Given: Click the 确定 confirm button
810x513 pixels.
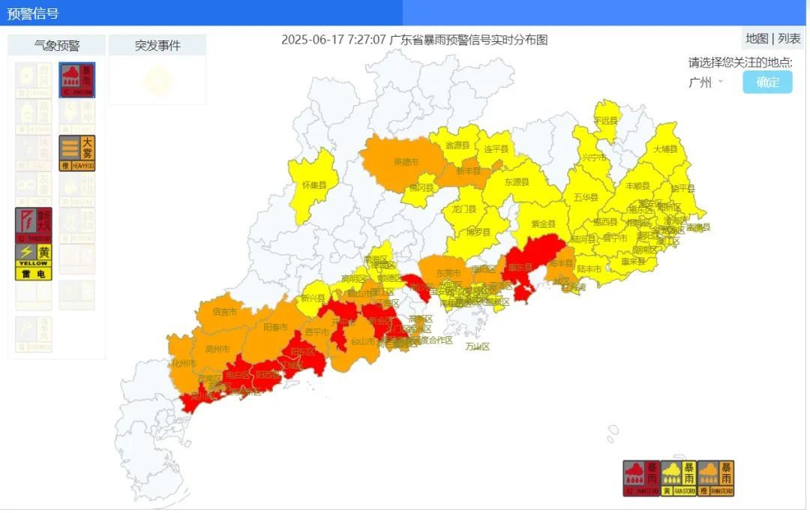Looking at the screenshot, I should point(767,82).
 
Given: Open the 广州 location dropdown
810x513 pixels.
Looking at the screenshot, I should point(705,82).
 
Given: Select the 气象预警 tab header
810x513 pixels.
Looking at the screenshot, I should point(57,45).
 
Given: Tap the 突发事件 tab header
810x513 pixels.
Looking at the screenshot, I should point(157,45).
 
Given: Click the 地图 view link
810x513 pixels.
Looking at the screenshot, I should point(756,39).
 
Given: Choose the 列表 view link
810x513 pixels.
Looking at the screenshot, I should point(789,39).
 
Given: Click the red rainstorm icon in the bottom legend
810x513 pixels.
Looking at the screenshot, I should point(640,478).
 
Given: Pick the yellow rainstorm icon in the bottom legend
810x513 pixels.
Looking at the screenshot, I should point(678,478).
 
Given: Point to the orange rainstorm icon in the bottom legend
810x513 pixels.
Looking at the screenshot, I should point(715,478).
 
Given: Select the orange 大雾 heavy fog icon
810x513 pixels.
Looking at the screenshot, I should point(77,153).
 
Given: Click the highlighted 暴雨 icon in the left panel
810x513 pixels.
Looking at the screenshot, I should point(77,80).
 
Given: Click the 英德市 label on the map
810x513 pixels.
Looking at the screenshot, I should point(406,161).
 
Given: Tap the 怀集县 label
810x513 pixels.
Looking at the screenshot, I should point(314,184).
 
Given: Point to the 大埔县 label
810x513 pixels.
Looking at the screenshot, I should point(664,149).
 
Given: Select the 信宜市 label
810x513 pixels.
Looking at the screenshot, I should point(224,311).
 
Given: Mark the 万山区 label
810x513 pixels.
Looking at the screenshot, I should point(477,346).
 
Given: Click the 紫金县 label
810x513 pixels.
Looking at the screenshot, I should point(543,223).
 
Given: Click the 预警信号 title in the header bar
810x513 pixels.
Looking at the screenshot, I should point(33,13).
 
